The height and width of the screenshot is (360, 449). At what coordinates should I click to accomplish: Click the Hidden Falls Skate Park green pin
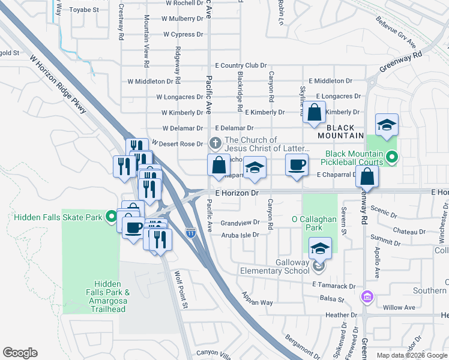click(x=111, y=217)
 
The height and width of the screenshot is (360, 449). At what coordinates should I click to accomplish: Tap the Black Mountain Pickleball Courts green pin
click(x=392, y=158)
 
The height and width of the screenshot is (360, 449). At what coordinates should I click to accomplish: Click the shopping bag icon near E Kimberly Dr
click(x=314, y=112)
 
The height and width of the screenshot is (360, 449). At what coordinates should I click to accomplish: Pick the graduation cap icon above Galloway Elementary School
click(x=321, y=248)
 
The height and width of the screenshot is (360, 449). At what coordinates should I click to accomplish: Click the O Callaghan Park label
click(x=314, y=223)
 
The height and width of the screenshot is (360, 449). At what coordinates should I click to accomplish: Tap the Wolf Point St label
click(x=181, y=289)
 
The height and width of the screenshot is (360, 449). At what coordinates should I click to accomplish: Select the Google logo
click(x=20, y=353)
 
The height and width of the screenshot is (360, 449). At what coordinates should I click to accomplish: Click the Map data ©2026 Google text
click(x=411, y=355)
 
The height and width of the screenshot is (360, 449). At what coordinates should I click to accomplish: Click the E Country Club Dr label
click(x=240, y=65)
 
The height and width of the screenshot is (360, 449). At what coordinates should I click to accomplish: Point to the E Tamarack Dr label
click(x=334, y=286)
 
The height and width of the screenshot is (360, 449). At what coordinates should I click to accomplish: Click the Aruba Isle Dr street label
click(x=240, y=234)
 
